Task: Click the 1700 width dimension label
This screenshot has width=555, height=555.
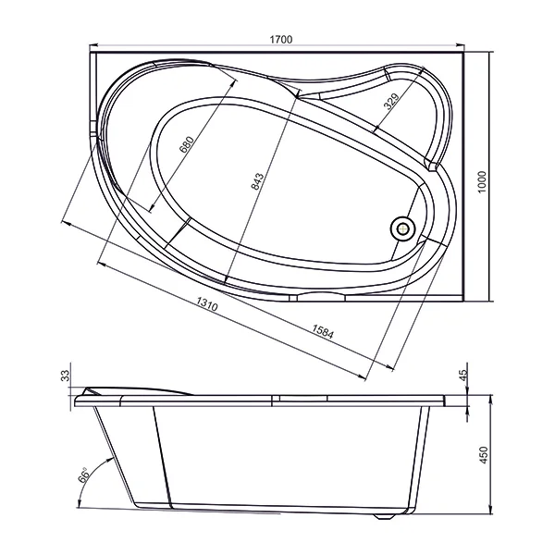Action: tap(281, 39)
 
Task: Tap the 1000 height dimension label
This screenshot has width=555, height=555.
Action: tap(482, 182)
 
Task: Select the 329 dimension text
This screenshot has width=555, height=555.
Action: tap(391, 101)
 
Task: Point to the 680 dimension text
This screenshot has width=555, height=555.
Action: tap(187, 144)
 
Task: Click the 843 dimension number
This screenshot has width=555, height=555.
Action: tap(257, 181)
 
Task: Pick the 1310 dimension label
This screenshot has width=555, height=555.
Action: tap(207, 303)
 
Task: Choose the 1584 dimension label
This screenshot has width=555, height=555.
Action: tap(323, 332)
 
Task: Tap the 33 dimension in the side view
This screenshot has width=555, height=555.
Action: tap(66, 376)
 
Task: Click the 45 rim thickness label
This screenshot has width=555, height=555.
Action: tap(463, 375)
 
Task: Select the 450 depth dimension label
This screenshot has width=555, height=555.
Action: tap(483, 455)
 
